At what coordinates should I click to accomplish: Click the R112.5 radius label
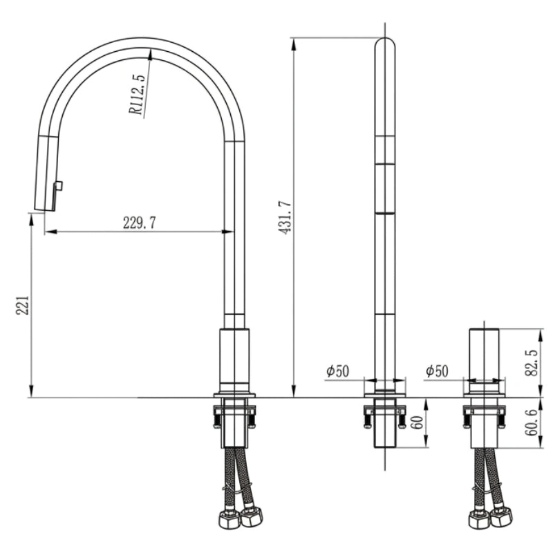137,95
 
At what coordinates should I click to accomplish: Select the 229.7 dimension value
140,223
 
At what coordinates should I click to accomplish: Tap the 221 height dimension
22,305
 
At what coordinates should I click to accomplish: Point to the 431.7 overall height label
285,218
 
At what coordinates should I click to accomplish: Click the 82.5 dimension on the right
532,363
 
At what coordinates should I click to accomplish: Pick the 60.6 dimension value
532,422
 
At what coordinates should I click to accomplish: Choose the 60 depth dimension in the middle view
418,422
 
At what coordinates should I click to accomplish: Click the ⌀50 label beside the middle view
337,371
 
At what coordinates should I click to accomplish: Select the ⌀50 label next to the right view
437,371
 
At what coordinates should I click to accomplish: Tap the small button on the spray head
59,185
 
